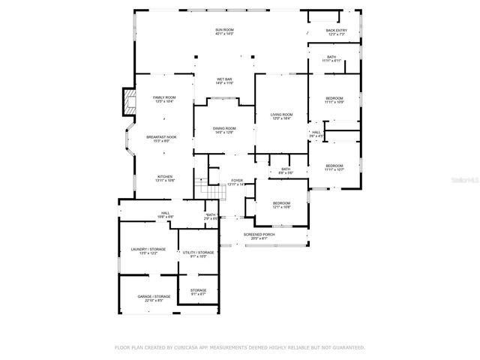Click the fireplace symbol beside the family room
129,103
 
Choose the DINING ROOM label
224,130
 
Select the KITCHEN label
165,178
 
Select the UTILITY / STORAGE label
198,254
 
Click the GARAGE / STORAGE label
153,298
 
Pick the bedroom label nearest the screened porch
281,205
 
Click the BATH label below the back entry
331,58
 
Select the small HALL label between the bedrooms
316,134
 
